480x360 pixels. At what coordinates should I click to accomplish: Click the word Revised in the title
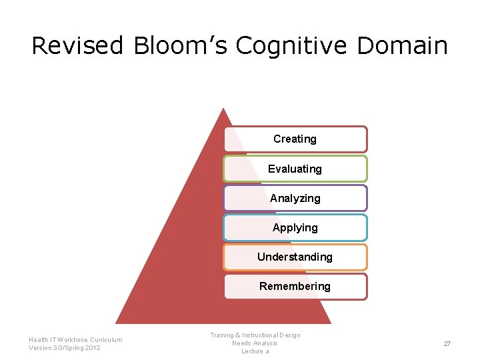pos(77,45)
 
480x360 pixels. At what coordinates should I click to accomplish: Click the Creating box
pos(295,139)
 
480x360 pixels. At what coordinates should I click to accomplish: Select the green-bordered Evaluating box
pos(295,169)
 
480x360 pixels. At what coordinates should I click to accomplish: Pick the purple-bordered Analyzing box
pos(295,198)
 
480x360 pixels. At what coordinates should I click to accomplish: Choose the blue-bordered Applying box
pos(295,227)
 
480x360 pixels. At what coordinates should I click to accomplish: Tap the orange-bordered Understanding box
pos(295,257)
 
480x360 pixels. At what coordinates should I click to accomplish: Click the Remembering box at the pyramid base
pos(295,286)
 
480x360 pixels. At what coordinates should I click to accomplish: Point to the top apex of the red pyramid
pos(223,109)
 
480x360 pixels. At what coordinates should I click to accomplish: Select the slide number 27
pos(447,343)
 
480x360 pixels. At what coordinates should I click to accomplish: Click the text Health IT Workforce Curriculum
pos(75,339)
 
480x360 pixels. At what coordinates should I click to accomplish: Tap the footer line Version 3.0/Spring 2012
pos(65,348)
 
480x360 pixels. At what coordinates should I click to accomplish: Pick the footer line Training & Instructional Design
pos(255,335)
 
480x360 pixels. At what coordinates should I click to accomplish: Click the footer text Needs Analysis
pos(255,343)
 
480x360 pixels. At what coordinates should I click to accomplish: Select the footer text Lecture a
pos(255,351)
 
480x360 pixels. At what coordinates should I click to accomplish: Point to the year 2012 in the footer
pos(93,348)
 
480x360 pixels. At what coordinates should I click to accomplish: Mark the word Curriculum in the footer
pos(105,339)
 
